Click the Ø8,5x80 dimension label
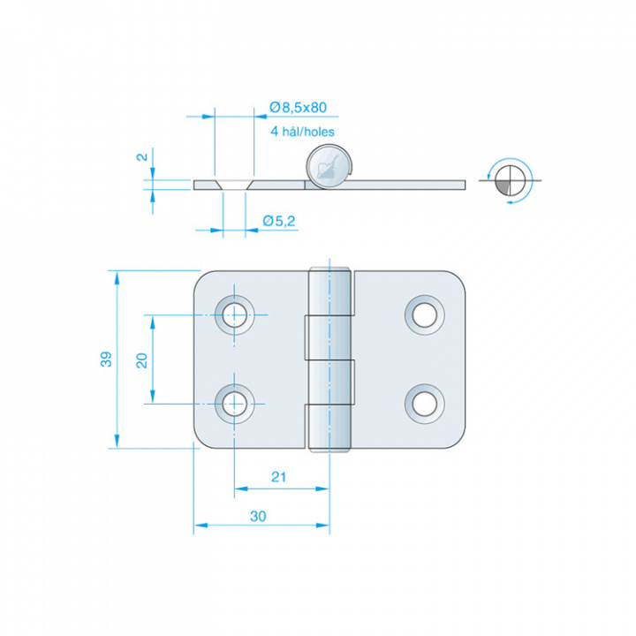click(299, 108)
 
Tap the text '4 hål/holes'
click(303, 132)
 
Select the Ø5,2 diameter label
click(278, 221)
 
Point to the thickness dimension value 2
click(143, 156)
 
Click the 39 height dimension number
click(106, 360)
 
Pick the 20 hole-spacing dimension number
click(141, 360)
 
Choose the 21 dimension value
click(278, 477)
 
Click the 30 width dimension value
click(258, 517)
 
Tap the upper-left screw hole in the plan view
click(234, 315)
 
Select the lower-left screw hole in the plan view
click(234, 404)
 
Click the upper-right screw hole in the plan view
click(425, 315)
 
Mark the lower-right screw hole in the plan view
click(425, 404)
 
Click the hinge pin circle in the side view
click(328, 166)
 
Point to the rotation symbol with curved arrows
click(510, 180)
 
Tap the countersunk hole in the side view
click(234, 185)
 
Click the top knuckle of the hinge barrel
click(329, 291)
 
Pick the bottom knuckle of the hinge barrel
click(329, 425)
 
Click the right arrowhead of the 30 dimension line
click(323, 526)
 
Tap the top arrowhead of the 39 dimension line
click(117, 278)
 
